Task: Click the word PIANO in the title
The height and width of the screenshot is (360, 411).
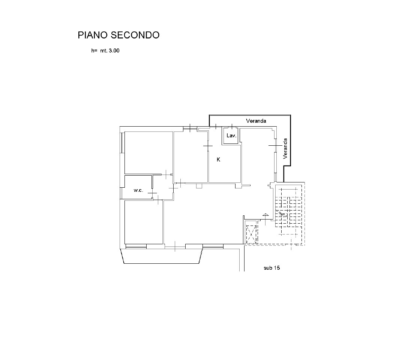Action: click(x=93, y=35)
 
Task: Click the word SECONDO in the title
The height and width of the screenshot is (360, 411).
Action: click(x=135, y=35)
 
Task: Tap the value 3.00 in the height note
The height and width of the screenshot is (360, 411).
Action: click(x=114, y=51)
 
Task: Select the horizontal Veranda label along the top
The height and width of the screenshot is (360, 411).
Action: click(x=256, y=121)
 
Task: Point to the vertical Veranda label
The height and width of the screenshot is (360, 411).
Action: click(x=285, y=148)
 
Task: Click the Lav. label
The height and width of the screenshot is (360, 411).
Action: click(x=231, y=136)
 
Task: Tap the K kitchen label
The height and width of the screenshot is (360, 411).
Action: click(x=218, y=160)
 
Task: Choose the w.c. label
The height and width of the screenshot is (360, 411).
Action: click(x=138, y=190)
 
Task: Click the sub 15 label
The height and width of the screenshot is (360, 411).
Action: click(x=271, y=268)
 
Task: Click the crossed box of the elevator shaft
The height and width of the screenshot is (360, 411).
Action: click(x=251, y=235)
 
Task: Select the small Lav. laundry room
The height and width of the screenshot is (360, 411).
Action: click(x=230, y=135)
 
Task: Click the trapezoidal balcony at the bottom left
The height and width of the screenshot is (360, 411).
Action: click(x=162, y=256)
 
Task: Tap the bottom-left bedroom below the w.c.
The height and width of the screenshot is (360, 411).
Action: click(x=144, y=222)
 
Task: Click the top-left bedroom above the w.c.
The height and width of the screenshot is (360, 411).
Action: click(x=148, y=152)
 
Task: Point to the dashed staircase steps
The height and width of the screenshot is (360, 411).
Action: click(x=288, y=212)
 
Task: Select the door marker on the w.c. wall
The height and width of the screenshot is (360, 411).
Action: click(x=152, y=193)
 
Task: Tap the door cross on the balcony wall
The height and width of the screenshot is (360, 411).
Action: click(x=175, y=246)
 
